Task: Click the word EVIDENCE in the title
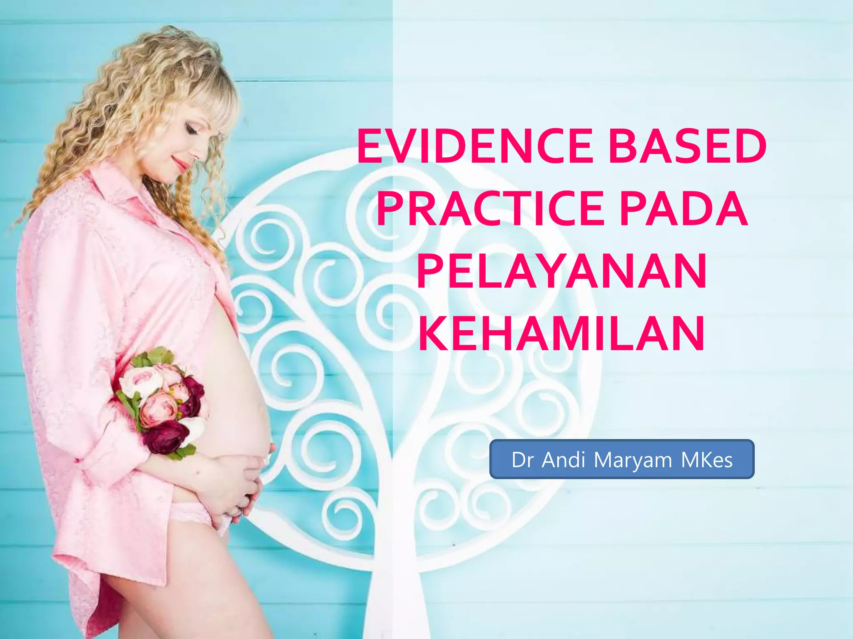(x=475, y=146)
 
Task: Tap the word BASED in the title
(x=687, y=146)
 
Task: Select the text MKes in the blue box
(x=707, y=460)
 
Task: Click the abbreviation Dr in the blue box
(x=523, y=460)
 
